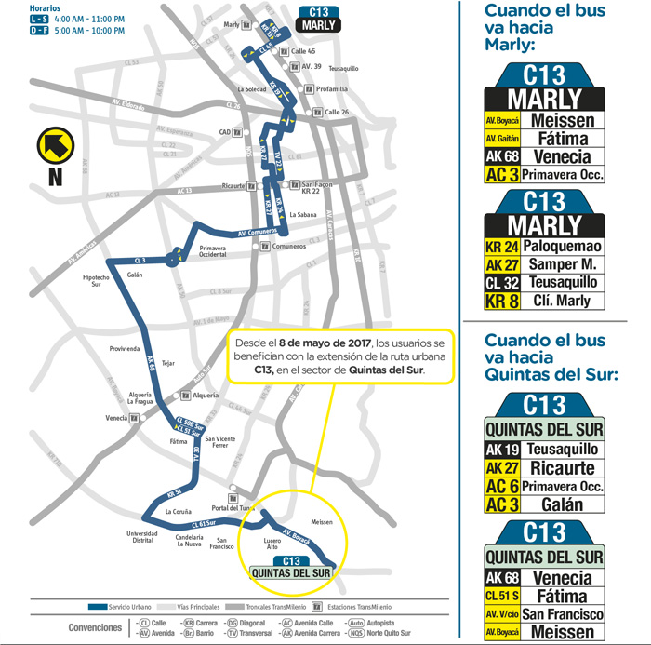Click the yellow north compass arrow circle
(54, 145)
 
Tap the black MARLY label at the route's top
(317, 26)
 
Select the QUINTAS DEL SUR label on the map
(291, 572)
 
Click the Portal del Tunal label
(232, 507)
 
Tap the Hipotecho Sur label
(97, 281)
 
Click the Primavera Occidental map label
(213, 251)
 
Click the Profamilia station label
(332, 89)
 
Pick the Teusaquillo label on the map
(343, 68)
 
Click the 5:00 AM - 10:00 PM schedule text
(66, 31)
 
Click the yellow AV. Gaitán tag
(500, 138)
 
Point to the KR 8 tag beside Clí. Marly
(500, 301)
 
